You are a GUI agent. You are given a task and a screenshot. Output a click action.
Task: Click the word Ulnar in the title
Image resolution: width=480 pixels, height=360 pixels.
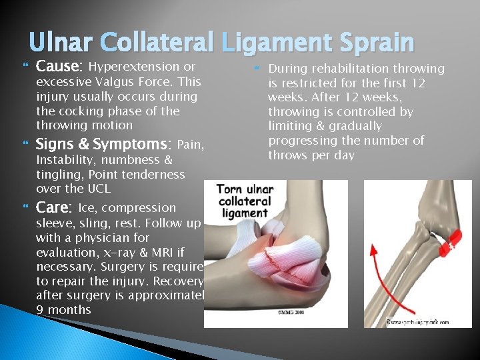pyautogui.click(x=61, y=43)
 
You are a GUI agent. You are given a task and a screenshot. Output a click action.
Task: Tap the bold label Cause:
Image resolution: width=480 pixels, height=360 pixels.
pyautogui.click(x=59, y=67)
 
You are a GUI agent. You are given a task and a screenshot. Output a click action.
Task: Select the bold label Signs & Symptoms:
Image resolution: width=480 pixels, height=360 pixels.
pyautogui.click(x=103, y=145)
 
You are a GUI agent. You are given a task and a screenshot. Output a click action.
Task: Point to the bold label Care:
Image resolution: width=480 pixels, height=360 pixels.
pyautogui.click(x=54, y=207)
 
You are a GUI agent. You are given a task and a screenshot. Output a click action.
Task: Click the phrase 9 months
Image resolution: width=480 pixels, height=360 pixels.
pyautogui.click(x=63, y=310)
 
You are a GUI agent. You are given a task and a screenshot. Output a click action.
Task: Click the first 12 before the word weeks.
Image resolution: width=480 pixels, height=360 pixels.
pyautogui.click(x=417, y=83)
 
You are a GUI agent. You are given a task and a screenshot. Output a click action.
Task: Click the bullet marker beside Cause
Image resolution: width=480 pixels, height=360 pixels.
pyautogui.click(x=27, y=67)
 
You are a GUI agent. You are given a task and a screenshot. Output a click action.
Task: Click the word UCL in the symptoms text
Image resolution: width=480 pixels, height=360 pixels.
pyautogui.click(x=99, y=189)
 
